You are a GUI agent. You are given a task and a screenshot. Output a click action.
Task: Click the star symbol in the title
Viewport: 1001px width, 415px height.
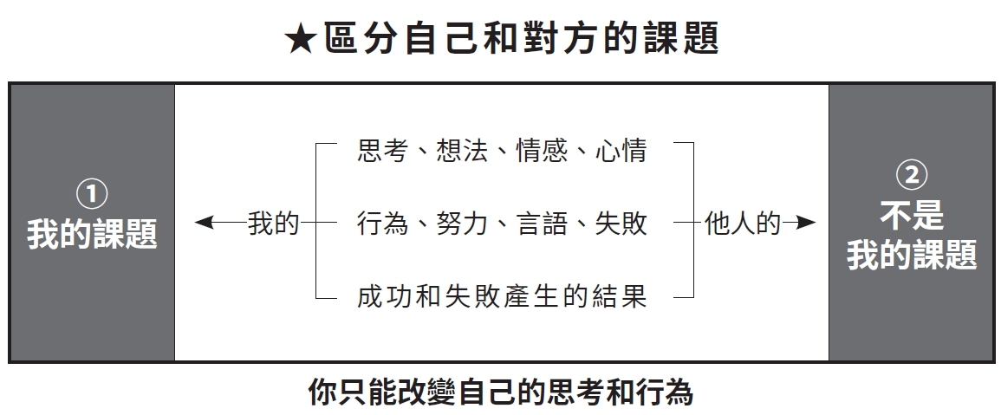tap(301, 40)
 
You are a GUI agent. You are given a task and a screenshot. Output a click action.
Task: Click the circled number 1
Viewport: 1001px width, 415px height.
tap(92, 194)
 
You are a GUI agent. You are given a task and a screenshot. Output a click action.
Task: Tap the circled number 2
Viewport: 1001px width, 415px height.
tap(912, 174)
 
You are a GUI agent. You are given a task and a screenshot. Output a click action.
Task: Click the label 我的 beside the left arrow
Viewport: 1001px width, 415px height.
tap(274, 223)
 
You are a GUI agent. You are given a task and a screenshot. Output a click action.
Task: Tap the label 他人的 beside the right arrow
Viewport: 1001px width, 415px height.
tap(743, 223)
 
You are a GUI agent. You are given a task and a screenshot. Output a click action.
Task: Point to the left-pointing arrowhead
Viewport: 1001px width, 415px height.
tap(204, 222)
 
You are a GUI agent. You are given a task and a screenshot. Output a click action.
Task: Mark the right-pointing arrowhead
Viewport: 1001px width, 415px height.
tap(806, 222)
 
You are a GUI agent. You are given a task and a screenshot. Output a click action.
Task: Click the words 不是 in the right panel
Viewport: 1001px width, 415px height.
tap(912, 215)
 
